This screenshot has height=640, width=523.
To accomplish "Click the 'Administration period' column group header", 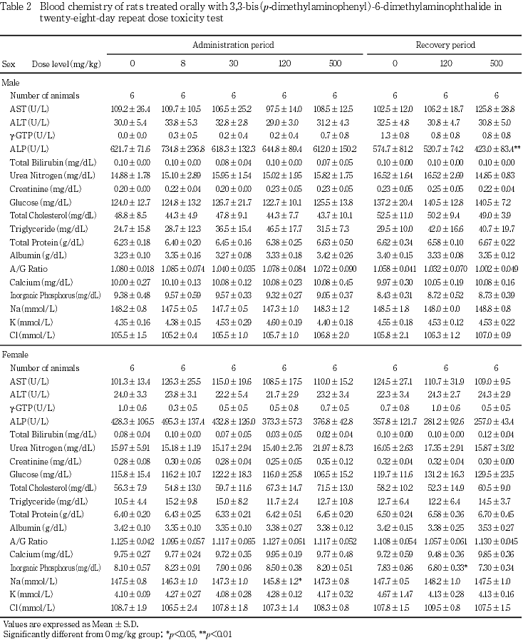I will (x=233, y=45).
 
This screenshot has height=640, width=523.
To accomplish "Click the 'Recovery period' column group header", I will (x=445, y=45).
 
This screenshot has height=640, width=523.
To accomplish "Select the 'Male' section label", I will (x=11, y=83).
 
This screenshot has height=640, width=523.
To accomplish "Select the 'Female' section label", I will (x=14, y=355).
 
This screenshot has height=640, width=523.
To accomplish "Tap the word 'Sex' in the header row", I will (x=9, y=64).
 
